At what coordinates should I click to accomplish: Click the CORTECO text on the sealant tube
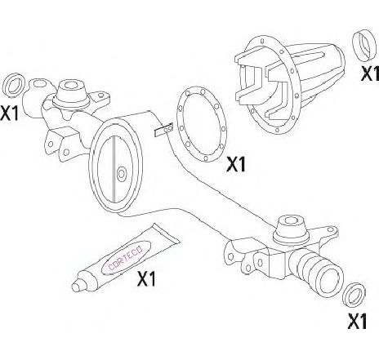coord(126,257)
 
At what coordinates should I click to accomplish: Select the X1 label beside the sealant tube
coord(146,278)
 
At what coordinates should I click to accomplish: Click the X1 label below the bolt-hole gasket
coord(236,164)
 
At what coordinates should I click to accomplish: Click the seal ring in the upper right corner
coord(363,46)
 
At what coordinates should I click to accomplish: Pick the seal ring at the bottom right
coord(354,296)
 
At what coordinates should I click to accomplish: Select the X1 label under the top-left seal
coord(10,113)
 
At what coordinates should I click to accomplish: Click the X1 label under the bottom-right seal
coord(357,322)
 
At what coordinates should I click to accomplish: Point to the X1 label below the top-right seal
coord(370,73)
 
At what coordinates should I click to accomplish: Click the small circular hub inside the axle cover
coord(122,174)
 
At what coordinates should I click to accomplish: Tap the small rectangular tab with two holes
coord(164,130)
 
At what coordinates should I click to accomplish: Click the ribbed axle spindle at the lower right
coord(316,273)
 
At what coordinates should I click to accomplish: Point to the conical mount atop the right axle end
coord(290,230)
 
